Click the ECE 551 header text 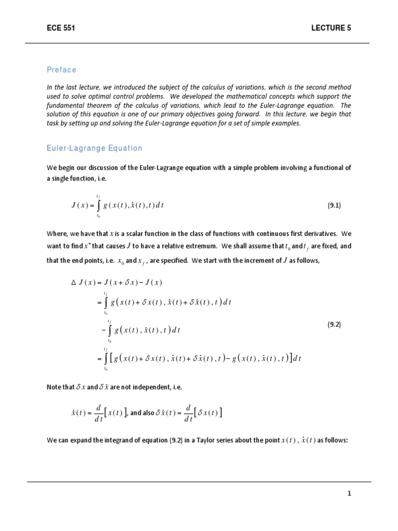tap(61, 28)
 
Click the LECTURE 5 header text tap(331, 28)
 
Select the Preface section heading tap(61, 70)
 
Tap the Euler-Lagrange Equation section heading tap(94, 148)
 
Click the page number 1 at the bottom tap(349, 494)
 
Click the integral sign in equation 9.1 tap(98, 205)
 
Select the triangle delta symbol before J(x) tap(73, 283)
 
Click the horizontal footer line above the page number tap(199, 482)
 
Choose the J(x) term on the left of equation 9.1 tap(79, 205)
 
